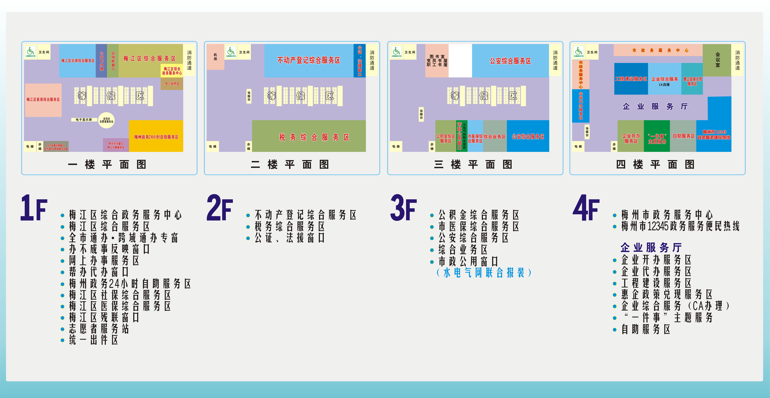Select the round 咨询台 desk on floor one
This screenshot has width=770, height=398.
(106, 120)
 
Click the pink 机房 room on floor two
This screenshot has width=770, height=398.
(215, 57)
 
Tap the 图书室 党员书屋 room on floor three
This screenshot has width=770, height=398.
(437, 61)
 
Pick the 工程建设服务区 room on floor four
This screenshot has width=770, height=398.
(631, 79)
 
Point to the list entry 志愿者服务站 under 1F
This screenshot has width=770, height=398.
(99, 329)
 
